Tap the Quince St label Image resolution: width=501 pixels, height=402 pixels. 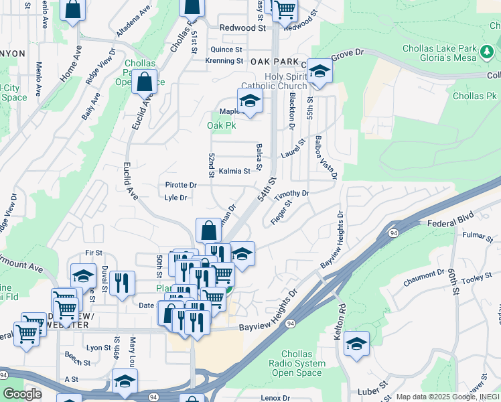[x=226, y=50]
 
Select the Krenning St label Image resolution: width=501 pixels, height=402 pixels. [x=224, y=60]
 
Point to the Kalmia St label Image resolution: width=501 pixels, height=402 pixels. [x=234, y=171]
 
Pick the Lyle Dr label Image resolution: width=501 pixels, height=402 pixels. [x=175, y=198]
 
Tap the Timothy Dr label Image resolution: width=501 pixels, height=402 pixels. [x=291, y=194]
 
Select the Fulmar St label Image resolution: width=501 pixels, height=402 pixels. [x=477, y=235]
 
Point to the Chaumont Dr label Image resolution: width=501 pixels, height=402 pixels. [x=424, y=278]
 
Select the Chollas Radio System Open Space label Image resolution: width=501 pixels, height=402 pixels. [x=312, y=363]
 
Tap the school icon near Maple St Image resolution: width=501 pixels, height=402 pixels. [x=250, y=101]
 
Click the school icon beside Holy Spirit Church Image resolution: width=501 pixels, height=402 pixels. [x=320, y=72]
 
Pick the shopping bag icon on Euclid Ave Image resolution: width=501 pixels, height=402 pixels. [x=144, y=82]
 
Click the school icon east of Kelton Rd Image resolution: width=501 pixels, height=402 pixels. [x=356, y=344]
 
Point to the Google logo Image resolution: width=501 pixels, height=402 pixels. [x=22, y=393]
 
